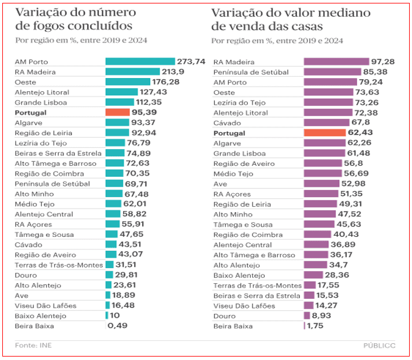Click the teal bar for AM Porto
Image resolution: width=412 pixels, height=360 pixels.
click(140, 61)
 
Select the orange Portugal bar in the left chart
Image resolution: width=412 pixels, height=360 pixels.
click(117, 112)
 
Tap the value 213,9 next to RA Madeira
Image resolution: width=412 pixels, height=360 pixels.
click(173, 72)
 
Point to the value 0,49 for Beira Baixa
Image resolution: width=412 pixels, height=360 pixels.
click(117, 326)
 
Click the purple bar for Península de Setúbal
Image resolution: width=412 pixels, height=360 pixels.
click(332, 72)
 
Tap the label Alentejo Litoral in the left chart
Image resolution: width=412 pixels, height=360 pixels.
click(42, 92)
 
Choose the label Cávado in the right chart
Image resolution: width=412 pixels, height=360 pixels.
click(228, 123)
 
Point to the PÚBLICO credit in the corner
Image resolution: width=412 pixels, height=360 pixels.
click(380, 346)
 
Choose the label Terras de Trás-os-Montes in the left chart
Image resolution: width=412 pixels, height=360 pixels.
click(58, 265)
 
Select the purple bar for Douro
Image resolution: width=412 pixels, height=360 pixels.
click(306, 316)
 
